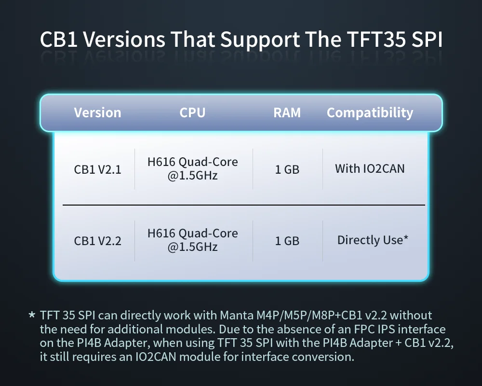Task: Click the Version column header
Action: [x=97, y=112]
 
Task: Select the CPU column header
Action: [x=192, y=112]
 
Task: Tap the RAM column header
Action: [x=287, y=112]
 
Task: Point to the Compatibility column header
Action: [x=370, y=113]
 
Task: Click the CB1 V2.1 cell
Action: [x=97, y=170]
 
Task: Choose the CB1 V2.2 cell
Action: [x=97, y=241]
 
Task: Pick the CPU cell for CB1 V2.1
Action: [x=193, y=169]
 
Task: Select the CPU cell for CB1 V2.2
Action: [x=193, y=240]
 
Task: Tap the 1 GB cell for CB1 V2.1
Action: [x=287, y=170]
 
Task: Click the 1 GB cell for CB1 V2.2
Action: [x=287, y=241]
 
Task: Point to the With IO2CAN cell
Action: [x=370, y=169]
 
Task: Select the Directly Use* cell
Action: [x=373, y=240]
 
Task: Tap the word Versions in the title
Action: [x=124, y=40]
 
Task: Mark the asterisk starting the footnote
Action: [x=32, y=315]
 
